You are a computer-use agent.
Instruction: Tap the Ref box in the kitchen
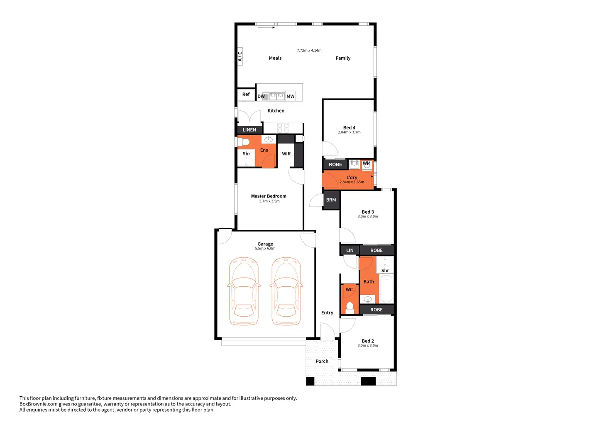tap(246, 94)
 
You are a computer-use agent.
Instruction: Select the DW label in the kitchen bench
tap(261, 96)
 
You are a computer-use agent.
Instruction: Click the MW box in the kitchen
tap(291, 96)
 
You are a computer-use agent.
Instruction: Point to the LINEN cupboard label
tap(249, 130)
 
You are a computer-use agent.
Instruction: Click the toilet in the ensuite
tap(244, 142)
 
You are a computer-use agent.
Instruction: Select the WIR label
tap(286, 154)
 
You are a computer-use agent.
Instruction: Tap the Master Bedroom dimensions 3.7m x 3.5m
tap(269, 201)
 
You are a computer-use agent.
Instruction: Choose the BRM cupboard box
tap(331, 200)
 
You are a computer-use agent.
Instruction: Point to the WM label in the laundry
tap(367, 164)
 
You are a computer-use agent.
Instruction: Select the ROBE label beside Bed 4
tap(335, 165)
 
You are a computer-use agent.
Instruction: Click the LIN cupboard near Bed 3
tap(350, 250)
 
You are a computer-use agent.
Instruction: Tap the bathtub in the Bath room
tap(386, 289)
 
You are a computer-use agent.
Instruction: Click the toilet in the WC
tap(350, 308)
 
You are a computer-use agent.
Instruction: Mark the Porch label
tap(322, 361)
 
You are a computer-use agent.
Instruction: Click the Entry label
tap(327, 313)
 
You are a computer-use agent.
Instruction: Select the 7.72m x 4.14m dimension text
tap(309, 51)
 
